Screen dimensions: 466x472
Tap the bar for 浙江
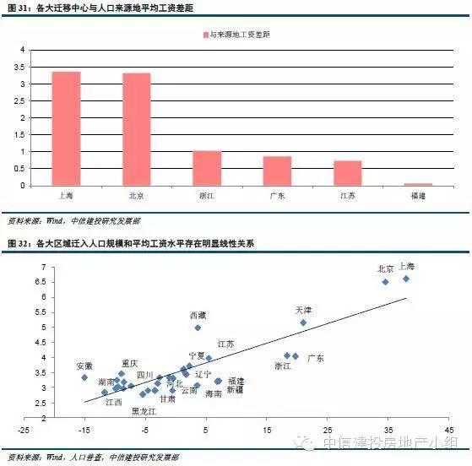tap(206, 168)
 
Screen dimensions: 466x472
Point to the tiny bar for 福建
tap(417, 184)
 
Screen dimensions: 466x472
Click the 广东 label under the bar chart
tap(277, 196)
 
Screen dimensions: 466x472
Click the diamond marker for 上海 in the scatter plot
tap(406, 279)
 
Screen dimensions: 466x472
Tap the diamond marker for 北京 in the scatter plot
tap(385, 282)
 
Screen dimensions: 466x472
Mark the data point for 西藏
tap(198, 328)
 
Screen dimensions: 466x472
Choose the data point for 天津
tap(303, 322)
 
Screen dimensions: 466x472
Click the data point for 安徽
tap(84, 377)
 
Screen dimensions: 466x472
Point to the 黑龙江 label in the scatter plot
tap(144, 410)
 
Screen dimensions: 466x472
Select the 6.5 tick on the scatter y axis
tap(38, 283)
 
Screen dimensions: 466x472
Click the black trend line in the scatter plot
tap(253, 348)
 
